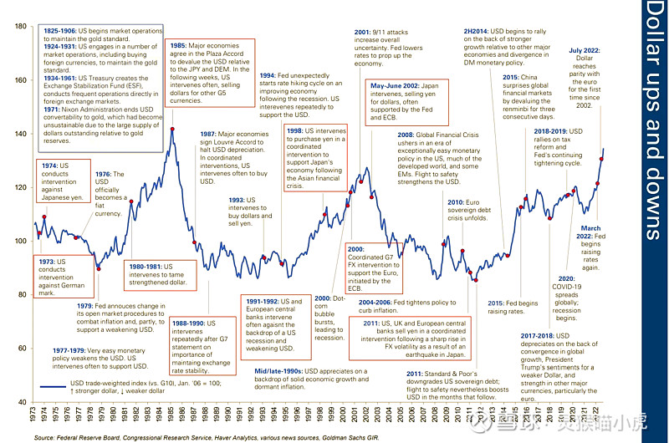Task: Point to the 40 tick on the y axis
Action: coord(20,402)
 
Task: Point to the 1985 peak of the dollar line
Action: coord(172,129)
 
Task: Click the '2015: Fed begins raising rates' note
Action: coord(512,307)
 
